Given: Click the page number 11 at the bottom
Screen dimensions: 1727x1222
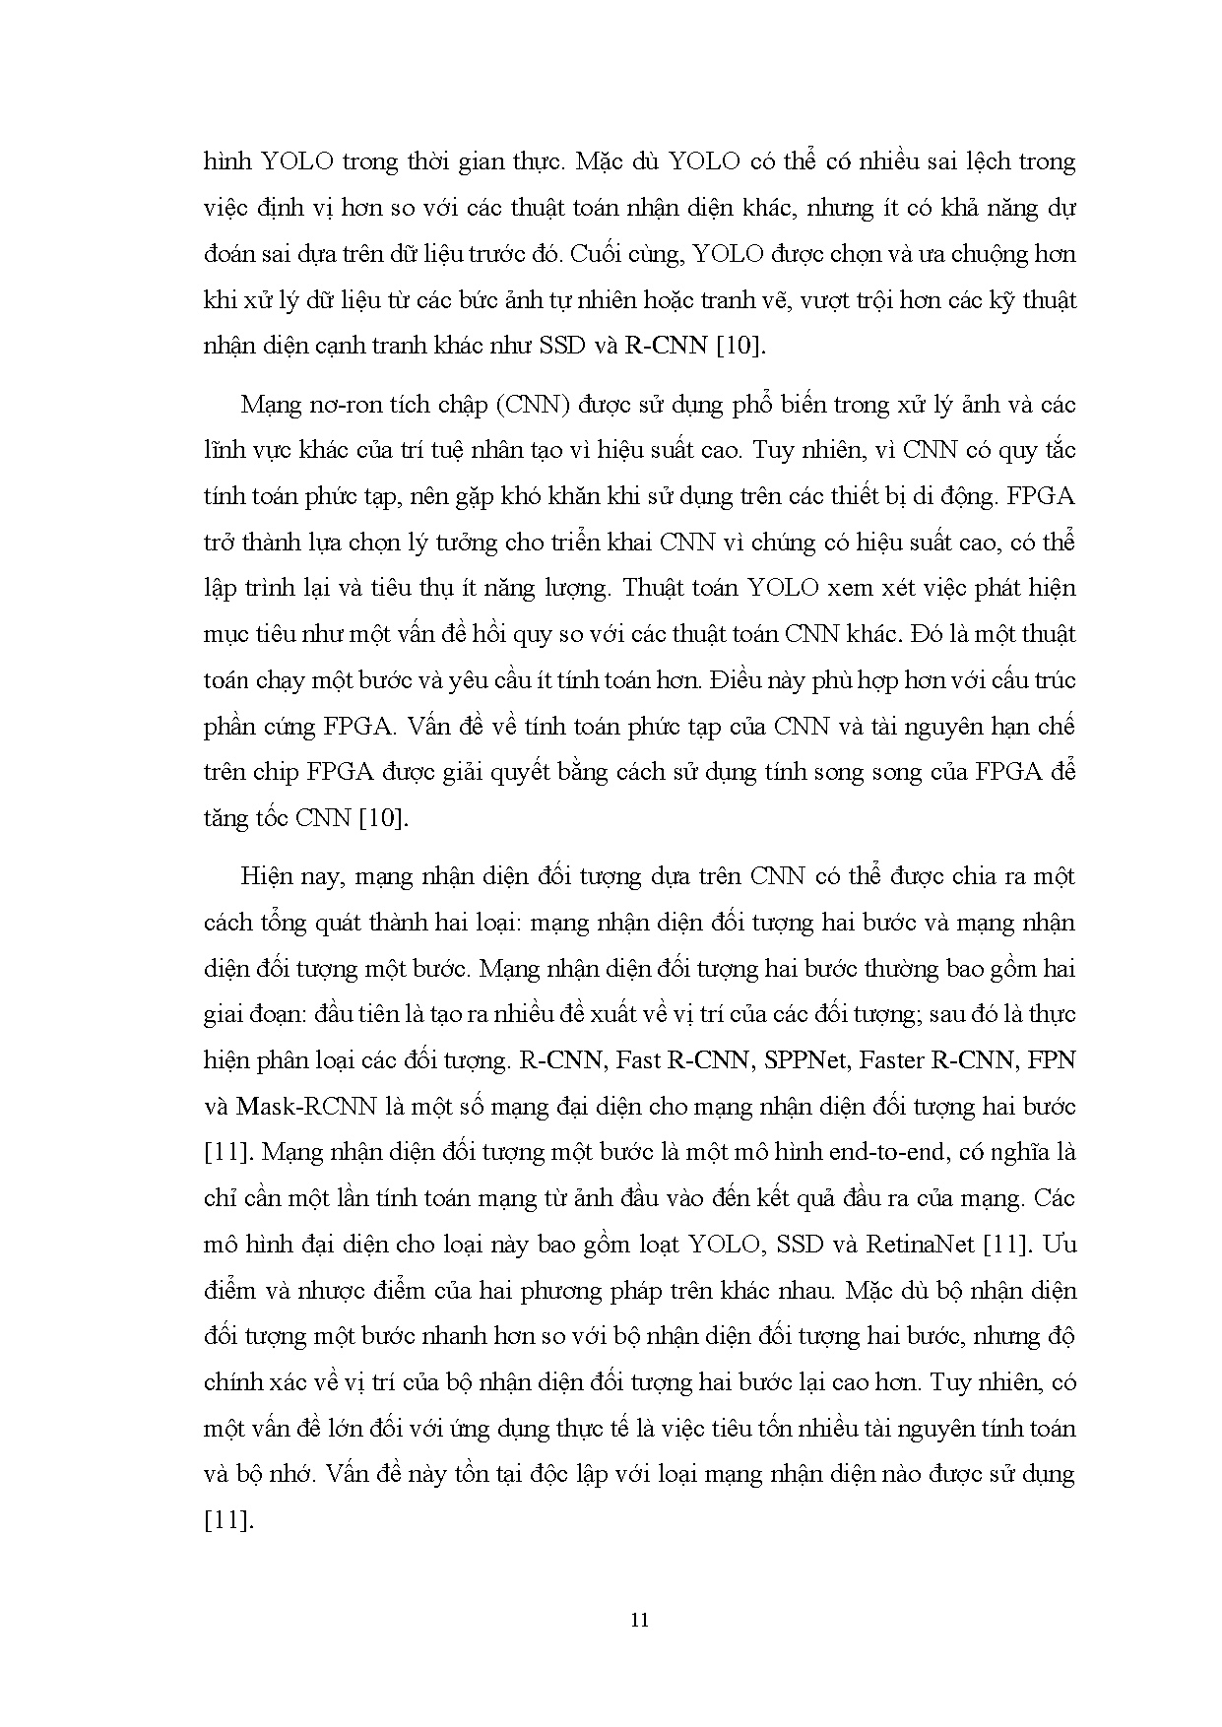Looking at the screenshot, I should (x=639, y=1620).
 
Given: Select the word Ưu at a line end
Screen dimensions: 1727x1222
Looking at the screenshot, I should (x=1061, y=1245).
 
